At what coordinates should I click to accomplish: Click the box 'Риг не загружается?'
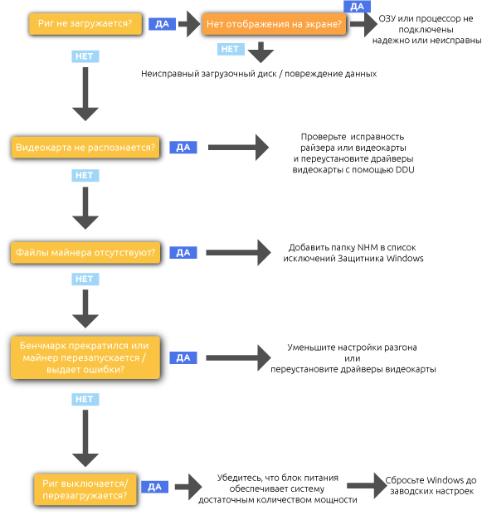85,24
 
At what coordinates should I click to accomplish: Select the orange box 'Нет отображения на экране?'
274,25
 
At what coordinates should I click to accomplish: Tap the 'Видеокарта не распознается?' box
85,148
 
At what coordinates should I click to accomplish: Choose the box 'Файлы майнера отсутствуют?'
85,253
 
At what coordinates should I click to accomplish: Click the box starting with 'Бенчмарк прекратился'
85,357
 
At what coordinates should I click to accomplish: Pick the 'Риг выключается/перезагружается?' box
85,489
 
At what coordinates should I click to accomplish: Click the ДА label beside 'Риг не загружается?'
162,24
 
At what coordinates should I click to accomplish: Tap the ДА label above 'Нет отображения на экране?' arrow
357,7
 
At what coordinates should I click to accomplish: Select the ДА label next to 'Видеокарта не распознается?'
183,148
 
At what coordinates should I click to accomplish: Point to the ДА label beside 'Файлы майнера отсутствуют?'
183,253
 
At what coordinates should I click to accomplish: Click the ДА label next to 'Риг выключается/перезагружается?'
154,487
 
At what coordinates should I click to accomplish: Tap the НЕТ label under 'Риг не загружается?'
85,56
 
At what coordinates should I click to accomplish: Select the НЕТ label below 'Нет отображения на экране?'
231,49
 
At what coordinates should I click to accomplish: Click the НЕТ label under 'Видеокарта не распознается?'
85,176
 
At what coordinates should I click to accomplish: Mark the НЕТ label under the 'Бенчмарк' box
85,400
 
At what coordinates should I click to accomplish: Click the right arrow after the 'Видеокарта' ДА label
239,148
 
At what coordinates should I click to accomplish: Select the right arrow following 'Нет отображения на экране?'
364,25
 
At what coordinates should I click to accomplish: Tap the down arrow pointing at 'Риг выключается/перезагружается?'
85,440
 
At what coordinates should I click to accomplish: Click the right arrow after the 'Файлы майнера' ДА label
239,253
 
